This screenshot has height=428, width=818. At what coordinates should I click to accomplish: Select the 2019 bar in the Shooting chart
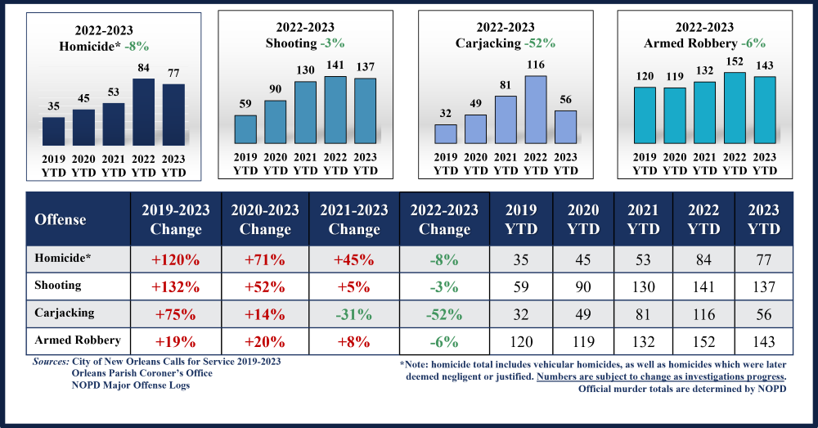coord(245,128)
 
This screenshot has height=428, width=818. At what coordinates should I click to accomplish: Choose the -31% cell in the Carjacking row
coord(353,314)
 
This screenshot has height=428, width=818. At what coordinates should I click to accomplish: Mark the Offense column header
coord(61,219)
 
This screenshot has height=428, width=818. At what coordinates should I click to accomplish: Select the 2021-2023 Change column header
coord(353,219)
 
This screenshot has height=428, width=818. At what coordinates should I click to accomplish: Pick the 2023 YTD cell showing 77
coord(763,260)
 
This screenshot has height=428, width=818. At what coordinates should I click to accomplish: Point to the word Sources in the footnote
coord(50,361)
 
